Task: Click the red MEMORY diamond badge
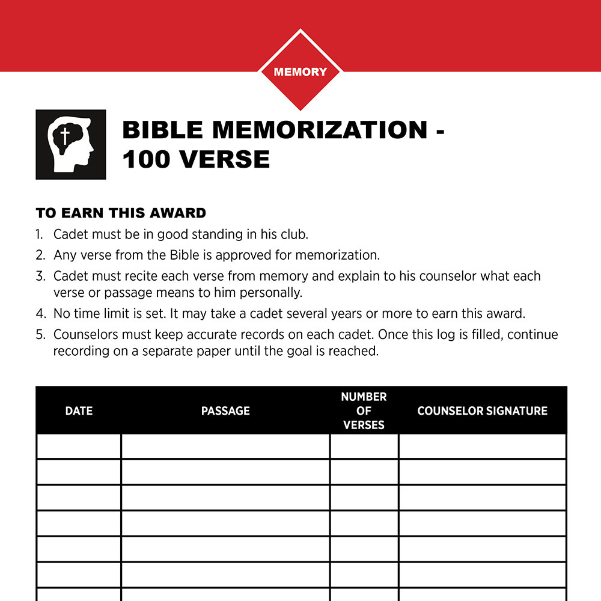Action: (300, 72)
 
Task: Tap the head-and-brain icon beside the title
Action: (71, 144)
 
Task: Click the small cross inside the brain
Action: (62, 136)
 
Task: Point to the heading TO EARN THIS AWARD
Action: (121, 213)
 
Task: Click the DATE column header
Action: (79, 411)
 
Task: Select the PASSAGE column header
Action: (225, 411)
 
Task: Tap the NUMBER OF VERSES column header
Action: (364, 411)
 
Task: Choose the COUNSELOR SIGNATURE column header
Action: (482, 411)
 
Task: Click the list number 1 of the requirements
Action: (40, 234)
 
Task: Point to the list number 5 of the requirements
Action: (40, 334)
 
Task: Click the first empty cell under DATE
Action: (79, 446)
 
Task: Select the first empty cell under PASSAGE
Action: (225, 446)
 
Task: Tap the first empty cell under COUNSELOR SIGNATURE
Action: (482, 446)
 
